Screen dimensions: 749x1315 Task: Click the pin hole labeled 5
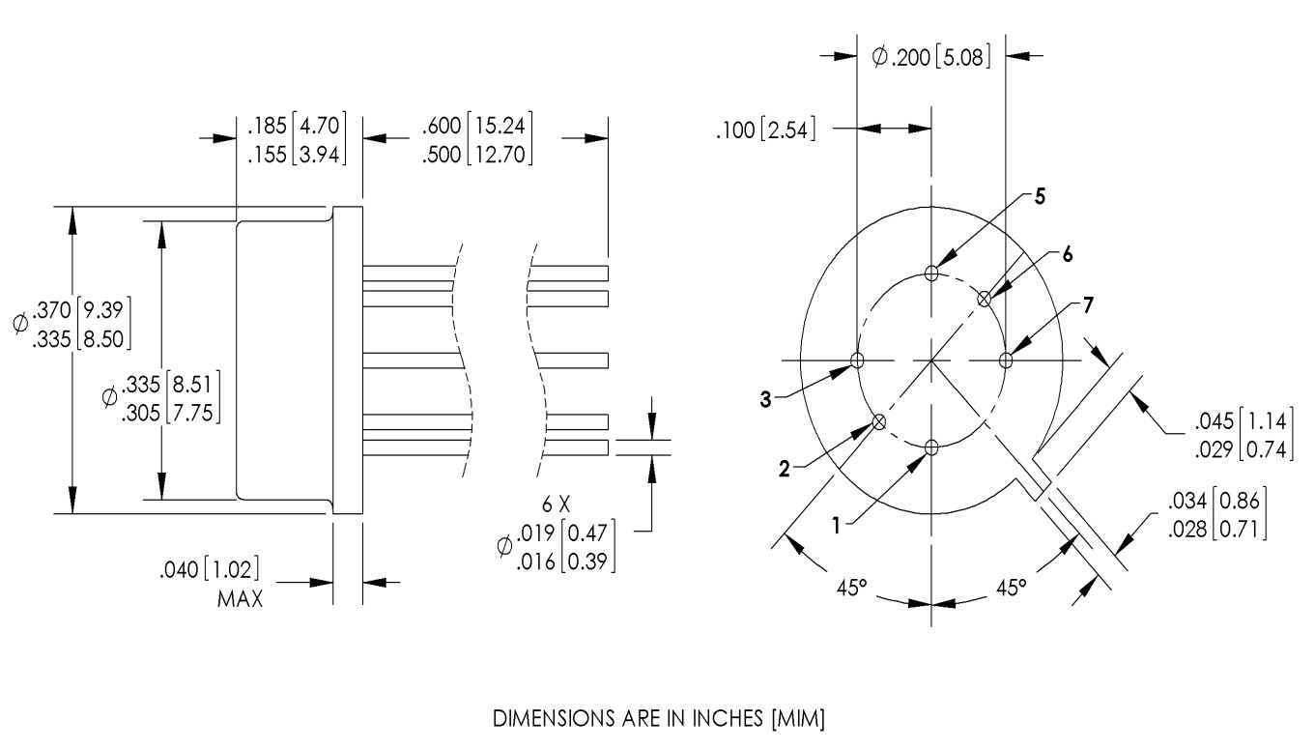[x=931, y=274]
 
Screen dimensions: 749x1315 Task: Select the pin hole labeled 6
[x=984, y=299]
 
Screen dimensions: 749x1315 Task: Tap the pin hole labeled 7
[x=1006, y=360]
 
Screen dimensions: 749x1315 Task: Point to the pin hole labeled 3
[x=857, y=360]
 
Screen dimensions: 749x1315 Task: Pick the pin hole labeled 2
[x=879, y=421]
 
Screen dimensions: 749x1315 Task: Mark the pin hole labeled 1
[x=931, y=447]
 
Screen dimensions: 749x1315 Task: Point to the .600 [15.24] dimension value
[x=477, y=126]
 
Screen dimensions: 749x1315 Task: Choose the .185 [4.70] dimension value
[x=297, y=126]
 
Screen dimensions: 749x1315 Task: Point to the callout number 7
[x=1087, y=305]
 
